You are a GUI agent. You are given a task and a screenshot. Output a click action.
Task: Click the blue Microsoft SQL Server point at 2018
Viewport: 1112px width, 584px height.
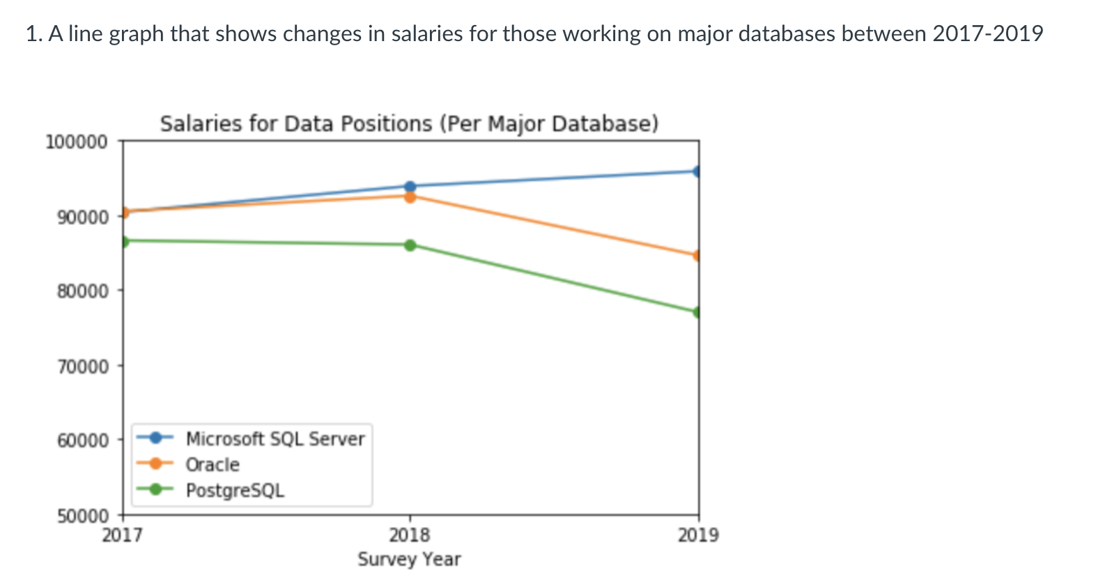click(410, 186)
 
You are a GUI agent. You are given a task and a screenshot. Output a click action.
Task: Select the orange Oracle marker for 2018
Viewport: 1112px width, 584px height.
click(410, 197)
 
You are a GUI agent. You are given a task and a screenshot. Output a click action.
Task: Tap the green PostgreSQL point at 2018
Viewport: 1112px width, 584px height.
click(410, 245)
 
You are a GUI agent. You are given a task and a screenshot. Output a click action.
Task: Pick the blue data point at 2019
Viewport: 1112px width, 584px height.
click(697, 171)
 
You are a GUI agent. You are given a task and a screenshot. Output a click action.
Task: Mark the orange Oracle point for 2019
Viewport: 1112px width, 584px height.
click(697, 256)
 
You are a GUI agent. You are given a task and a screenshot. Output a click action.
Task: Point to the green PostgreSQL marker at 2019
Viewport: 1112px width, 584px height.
click(697, 312)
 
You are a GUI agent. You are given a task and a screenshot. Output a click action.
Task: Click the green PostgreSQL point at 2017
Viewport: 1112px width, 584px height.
click(124, 241)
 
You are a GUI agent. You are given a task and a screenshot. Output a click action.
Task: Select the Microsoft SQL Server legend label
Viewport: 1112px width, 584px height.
click(275, 439)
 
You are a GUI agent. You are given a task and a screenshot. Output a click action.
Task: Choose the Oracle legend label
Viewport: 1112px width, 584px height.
click(213, 465)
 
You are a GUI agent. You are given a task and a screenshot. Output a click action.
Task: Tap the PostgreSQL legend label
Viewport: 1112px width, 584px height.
click(235, 491)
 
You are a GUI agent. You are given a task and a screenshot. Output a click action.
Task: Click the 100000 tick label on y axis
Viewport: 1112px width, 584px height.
click(77, 142)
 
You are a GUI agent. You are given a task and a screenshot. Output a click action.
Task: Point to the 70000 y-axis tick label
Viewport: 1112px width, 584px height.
click(83, 367)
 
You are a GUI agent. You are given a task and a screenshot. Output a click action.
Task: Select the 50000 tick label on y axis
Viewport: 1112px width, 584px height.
click(83, 516)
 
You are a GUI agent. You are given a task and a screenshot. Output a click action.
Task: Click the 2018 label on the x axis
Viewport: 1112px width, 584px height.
click(410, 535)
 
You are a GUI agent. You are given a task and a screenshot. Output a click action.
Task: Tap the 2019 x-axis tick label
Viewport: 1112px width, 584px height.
click(698, 535)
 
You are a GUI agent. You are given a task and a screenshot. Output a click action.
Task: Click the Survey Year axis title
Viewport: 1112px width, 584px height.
click(409, 559)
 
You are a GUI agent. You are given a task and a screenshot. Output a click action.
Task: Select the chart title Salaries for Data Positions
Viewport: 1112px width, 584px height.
click(409, 124)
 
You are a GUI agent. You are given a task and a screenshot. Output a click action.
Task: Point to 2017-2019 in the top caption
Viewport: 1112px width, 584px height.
click(987, 33)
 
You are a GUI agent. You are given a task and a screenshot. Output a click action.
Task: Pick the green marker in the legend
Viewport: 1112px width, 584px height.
click(156, 489)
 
